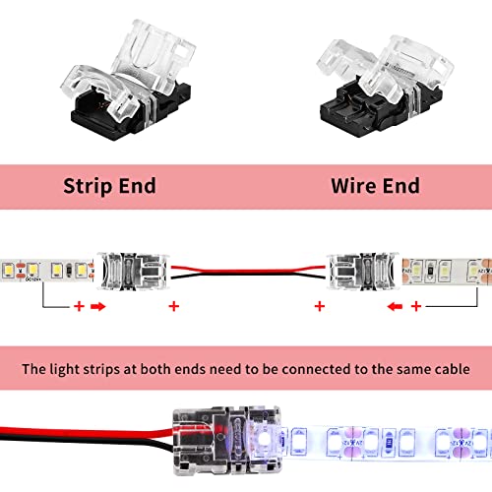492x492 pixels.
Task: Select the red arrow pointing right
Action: click(x=99, y=279)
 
